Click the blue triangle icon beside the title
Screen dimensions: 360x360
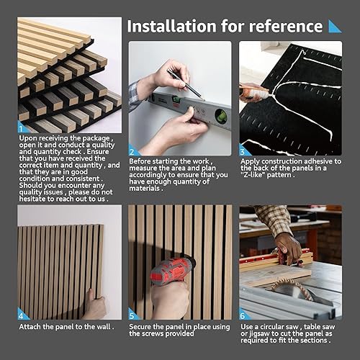pos(335,26)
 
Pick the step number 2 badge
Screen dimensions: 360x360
pos(132,151)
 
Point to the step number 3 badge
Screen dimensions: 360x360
pos(243,151)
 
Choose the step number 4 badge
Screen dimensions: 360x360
pos(22,315)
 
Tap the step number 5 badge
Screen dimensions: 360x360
pos(132,315)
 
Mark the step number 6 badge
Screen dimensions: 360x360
pos(243,315)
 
